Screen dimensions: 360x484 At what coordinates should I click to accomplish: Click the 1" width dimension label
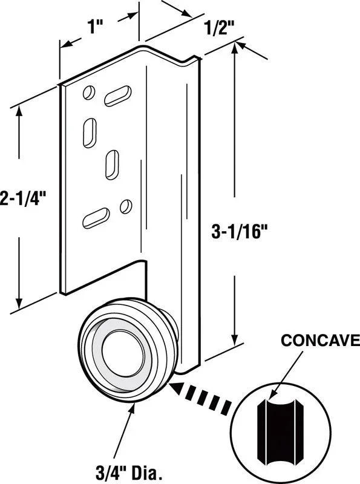point(93,26)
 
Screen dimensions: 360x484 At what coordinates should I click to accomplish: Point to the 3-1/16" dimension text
point(239,232)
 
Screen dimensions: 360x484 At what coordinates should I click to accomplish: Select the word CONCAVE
point(320,340)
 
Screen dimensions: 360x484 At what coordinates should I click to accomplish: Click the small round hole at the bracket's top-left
point(88,93)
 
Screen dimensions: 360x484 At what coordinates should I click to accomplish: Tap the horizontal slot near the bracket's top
point(117,96)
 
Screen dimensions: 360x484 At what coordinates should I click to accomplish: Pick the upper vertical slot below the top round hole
point(90,132)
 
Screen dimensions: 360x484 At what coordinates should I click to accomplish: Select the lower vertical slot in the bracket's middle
point(112,165)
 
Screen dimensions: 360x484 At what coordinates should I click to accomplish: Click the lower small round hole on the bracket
point(126,206)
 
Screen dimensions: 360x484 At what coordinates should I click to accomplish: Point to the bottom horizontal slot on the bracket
point(96,218)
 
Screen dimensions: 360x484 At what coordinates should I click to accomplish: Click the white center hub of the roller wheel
point(123,355)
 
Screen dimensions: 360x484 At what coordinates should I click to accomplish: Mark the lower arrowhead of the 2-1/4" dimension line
point(19,302)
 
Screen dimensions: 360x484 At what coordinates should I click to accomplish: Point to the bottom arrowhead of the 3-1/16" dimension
point(235,339)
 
